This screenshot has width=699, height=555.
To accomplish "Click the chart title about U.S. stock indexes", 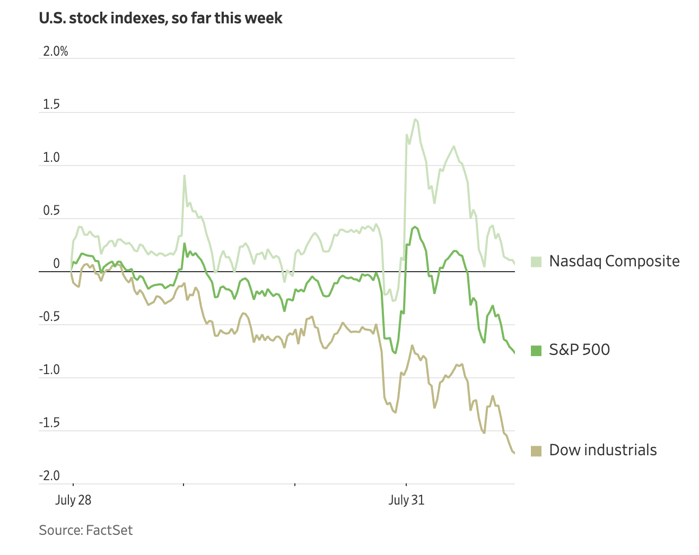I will point(161,18).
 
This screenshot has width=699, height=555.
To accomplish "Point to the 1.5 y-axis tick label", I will point(51,105).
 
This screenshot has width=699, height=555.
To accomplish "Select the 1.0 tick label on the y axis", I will point(51,158).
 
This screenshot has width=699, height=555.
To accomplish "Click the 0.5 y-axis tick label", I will point(51,211).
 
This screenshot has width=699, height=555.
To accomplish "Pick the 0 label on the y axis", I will point(56,264).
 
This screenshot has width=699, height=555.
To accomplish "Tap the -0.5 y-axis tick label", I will point(50,317).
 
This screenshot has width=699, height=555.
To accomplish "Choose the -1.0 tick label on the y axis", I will point(50,370).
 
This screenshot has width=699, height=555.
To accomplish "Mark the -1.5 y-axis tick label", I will point(50,423).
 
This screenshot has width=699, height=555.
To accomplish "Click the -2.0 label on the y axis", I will point(50,476).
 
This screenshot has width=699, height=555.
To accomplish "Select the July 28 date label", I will point(73,500).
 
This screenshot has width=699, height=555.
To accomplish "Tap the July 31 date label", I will point(406,500).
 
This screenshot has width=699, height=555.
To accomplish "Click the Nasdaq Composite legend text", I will point(614,261).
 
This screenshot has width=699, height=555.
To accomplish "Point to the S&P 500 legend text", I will point(579,350).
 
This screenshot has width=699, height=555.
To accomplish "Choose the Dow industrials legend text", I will point(603,450).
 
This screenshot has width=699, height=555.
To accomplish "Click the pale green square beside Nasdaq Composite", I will point(536,262).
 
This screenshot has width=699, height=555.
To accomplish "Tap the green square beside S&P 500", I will point(536,350).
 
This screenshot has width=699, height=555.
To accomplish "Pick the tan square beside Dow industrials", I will point(536,450).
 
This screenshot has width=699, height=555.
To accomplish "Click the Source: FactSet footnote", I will point(86,530).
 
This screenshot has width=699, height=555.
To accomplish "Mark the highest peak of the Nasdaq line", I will point(415,119).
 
